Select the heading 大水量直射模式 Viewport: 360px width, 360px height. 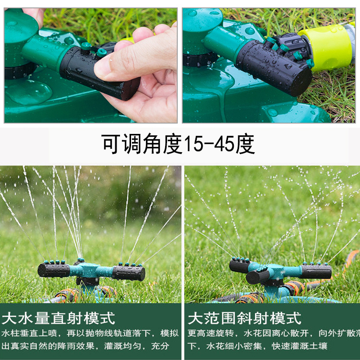point(59,318)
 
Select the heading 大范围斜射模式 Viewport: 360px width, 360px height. point(244,318)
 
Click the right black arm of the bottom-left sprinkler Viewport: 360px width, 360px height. point(129,273)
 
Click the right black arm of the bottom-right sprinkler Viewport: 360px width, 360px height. point(317,272)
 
